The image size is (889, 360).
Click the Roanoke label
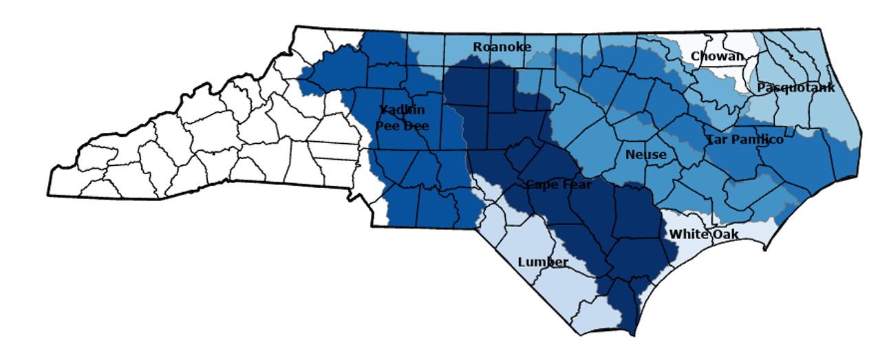[502, 47]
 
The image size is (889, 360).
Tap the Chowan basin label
[717, 56]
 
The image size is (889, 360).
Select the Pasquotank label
[795, 88]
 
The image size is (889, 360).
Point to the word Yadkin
[403, 110]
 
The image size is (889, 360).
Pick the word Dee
[416, 126]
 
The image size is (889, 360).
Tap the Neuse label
[645, 155]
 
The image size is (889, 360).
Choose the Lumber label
[543, 262]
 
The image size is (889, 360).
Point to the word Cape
[544, 184]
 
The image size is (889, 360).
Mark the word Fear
[577, 184]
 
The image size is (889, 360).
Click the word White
[688, 234]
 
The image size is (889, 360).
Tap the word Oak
[725, 234]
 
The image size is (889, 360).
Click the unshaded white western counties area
[206, 145]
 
